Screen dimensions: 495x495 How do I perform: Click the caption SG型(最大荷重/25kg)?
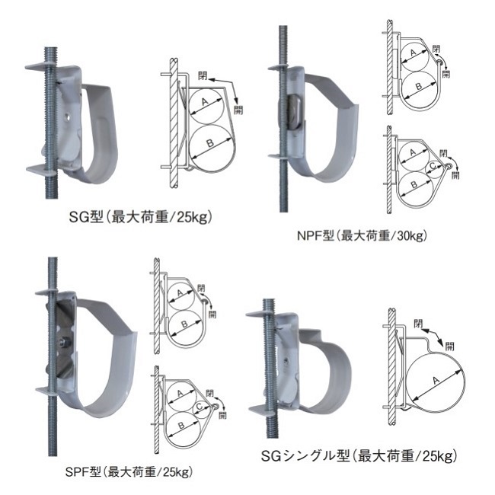click(140, 217)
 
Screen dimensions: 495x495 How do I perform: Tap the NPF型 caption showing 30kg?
click(362, 235)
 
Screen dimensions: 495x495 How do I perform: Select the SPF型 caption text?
click(129, 472)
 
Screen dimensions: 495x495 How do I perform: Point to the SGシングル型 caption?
click(359, 456)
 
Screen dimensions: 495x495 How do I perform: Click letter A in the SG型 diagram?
click(205, 102)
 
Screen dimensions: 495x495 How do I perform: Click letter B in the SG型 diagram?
click(210, 144)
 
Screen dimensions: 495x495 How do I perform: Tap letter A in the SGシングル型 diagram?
click(436, 380)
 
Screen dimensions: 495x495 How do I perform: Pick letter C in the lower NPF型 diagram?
click(433, 165)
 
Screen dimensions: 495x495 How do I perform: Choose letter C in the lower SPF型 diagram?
click(199, 407)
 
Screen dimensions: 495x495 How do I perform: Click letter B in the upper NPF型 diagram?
click(419, 86)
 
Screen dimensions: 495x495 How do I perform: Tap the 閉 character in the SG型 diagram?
click(203, 75)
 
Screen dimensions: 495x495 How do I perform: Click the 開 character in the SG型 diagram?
click(238, 110)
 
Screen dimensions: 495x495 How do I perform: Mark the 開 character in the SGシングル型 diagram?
click(449, 346)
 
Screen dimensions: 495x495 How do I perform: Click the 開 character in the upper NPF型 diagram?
click(445, 74)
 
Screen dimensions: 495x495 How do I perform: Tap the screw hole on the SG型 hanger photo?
click(68, 117)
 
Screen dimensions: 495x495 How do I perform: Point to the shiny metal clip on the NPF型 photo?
click(295, 112)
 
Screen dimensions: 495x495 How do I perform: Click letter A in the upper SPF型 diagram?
click(180, 294)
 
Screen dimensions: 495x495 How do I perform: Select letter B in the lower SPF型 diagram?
click(181, 425)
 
